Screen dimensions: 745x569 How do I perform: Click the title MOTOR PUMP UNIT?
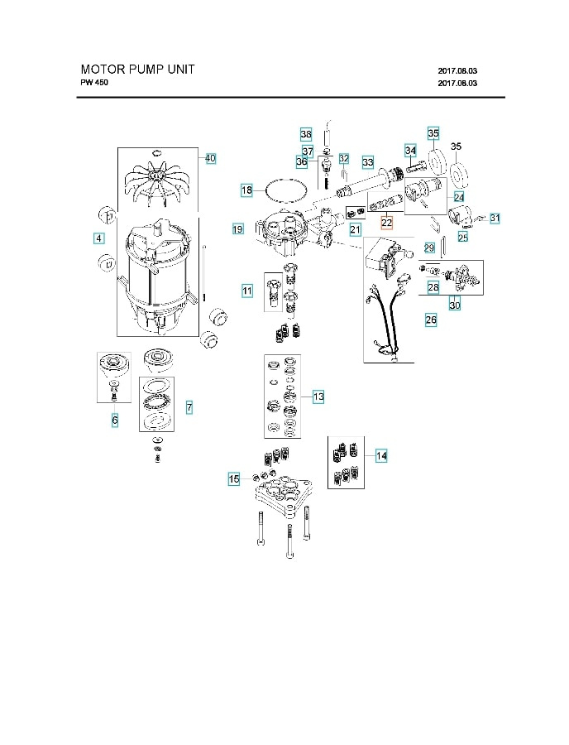click(137, 70)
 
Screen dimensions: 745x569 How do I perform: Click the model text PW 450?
click(93, 84)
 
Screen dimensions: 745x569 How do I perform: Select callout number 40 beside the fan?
click(210, 158)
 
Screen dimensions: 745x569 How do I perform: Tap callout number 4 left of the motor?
click(98, 238)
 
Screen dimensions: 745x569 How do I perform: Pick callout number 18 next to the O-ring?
click(246, 190)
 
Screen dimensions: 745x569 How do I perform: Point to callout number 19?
click(237, 228)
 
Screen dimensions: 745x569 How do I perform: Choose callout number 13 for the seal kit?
click(318, 397)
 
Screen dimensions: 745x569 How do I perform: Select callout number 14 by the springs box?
click(381, 455)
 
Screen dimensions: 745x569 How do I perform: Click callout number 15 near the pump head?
click(234, 478)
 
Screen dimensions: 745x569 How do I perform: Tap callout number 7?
click(189, 407)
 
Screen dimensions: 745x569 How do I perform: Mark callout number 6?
click(115, 421)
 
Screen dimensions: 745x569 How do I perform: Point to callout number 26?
click(431, 319)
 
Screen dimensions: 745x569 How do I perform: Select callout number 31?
click(495, 218)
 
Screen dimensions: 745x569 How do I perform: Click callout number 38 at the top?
click(306, 134)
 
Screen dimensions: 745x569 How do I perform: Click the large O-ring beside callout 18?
click(284, 190)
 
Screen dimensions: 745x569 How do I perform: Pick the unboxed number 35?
click(456, 147)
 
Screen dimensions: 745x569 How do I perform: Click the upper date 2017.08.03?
click(457, 71)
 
